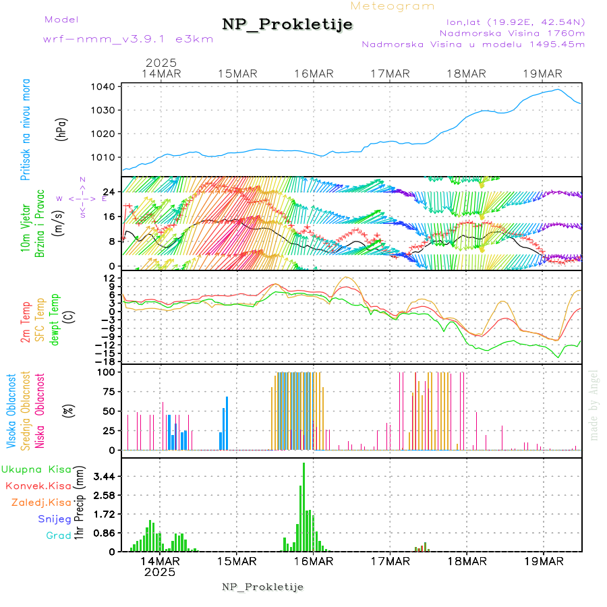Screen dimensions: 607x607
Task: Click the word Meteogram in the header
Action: pos(393,6)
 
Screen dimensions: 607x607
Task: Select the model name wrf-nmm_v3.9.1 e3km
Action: pos(128,39)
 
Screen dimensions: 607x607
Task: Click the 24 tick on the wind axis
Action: pos(108,192)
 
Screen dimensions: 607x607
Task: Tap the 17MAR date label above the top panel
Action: pos(390,74)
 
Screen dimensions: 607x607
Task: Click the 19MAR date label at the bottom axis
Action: pos(543,560)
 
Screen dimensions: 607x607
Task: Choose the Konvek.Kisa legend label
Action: pos(38,486)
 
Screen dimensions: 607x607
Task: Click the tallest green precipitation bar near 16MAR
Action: pos(303,506)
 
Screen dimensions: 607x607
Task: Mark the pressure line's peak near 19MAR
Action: pos(558,90)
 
